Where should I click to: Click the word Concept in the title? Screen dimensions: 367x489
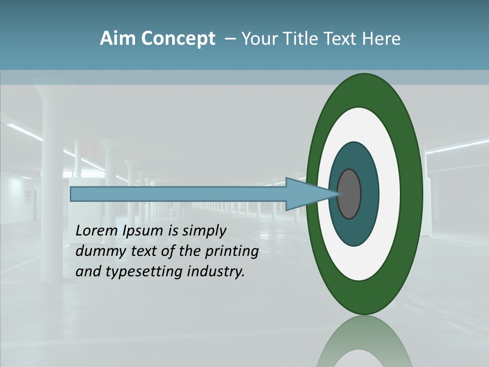pyautogui.click(x=178, y=39)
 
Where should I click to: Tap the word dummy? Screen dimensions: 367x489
pyautogui.click(x=97, y=252)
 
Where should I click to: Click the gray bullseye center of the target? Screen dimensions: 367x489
pyautogui.click(x=349, y=194)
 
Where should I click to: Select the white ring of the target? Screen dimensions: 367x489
pyautogui.click(x=389, y=194)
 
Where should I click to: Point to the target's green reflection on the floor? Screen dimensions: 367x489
pyautogui.click(x=365, y=342)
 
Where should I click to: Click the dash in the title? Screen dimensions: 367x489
pyautogui.click(x=230, y=39)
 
